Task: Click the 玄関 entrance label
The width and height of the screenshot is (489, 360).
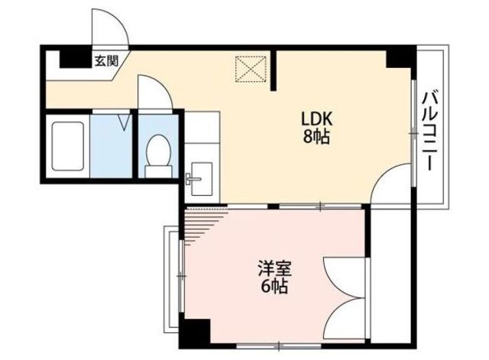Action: tap(107, 61)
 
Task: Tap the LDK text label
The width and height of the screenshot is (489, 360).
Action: tap(316, 118)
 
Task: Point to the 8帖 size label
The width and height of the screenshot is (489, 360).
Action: tap(316, 137)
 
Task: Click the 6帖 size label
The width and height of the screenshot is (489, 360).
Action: tap(274, 287)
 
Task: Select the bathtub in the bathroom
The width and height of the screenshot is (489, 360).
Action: tap(68, 146)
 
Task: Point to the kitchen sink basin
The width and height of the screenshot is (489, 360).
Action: tap(202, 179)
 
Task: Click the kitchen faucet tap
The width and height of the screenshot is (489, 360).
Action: tap(193, 179)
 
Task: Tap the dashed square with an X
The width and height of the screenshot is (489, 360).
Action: tap(251, 69)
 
